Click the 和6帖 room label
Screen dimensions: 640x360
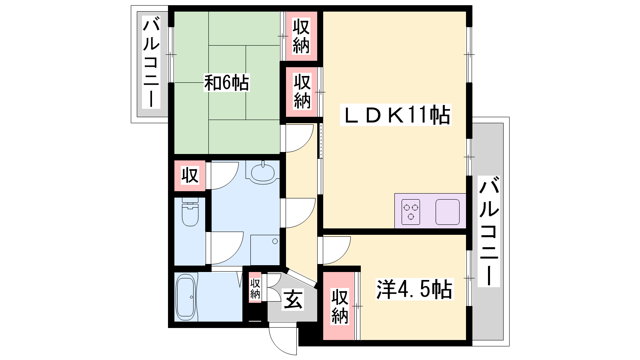[x=226, y=83]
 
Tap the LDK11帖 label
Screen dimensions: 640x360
[x=396, y=115]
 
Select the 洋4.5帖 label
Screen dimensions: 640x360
[x=414, y=289]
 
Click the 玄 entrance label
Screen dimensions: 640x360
[x=293, y=300]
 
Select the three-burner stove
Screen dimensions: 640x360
[x=410, y=212]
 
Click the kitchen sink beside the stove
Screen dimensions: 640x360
[x=448, y=212]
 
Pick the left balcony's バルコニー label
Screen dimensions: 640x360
[x=151, y=62]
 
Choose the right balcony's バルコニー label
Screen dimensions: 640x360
[x=489, y=231]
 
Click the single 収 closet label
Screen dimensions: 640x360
[x=190, y=176]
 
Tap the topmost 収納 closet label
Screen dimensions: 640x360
[x=301, y=36]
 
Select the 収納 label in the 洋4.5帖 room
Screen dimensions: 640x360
[x=340, y=306]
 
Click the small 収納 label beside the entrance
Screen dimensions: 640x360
[x=255, y=288]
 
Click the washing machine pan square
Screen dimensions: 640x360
[x=265, y=250]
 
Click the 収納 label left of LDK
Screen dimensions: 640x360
[x=302, y=92]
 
